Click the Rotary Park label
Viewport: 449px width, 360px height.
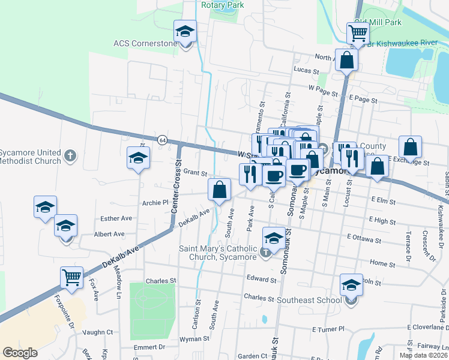[223, 5]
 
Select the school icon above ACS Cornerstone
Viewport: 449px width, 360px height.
[185, 31]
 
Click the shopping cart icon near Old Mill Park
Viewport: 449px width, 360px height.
[358, 34]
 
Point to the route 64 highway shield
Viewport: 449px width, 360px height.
[162, 139]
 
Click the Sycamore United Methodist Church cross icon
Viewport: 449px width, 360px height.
[70, 156]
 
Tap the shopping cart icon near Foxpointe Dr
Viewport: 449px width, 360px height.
[71, 278]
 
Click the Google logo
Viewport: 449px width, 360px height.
[20, 353]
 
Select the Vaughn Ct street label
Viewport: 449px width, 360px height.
[98, 332]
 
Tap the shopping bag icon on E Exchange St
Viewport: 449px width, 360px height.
[410, 147]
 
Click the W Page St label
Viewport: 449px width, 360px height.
[323, 88]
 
